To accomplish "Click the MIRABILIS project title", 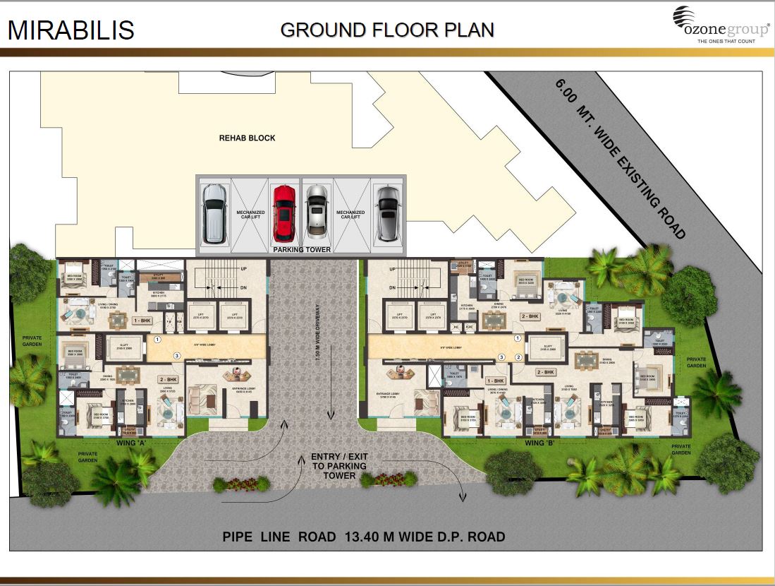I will (x=71, y=30).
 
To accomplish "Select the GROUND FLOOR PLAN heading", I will (x=386, y=30).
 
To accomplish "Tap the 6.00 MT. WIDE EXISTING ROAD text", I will (x=620, y=159).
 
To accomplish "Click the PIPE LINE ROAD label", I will (x=279, y=537).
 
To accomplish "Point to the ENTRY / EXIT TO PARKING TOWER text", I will (x=338, y=466).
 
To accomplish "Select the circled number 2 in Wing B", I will (x=518, y=357).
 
